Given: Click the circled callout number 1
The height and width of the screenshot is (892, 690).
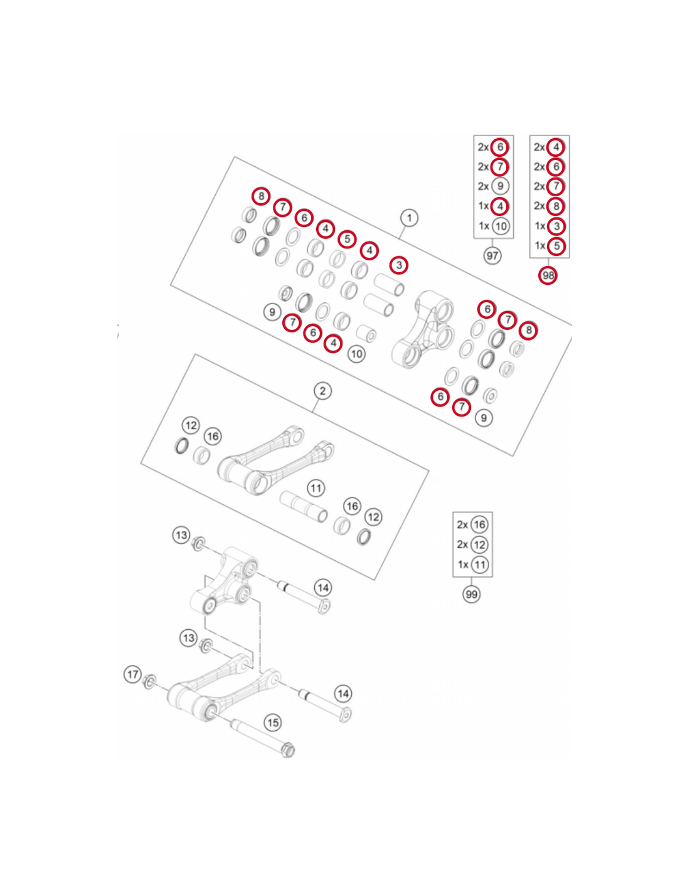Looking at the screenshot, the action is point(408,218).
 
